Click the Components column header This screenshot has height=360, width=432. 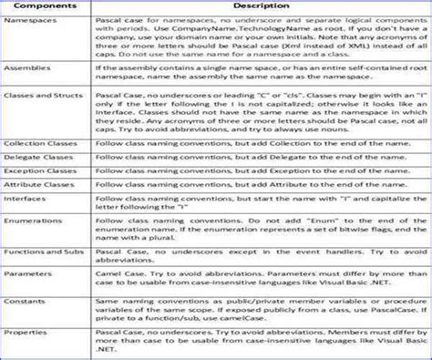point(45,9)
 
